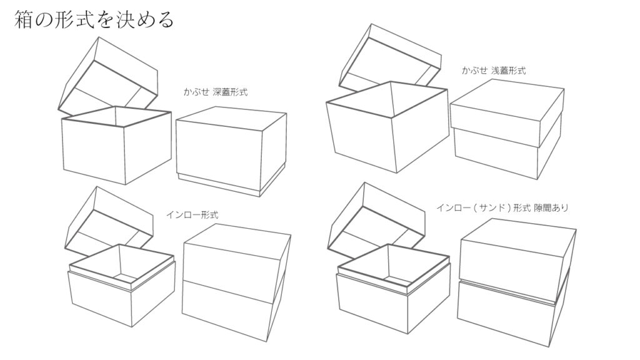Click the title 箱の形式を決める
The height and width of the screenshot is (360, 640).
click(94, 20)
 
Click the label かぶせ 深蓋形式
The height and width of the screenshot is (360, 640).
click(216, 92)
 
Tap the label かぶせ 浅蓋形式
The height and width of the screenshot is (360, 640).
click(494, 70)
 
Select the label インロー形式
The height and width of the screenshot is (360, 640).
click(192, 215)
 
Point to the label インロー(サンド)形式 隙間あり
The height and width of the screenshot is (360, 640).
click(502, 207)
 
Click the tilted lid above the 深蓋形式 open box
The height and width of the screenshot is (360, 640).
click(108, 77)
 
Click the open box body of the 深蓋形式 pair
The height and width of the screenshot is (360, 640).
click(116, 145)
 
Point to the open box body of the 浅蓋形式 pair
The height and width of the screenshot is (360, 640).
click(387, 126)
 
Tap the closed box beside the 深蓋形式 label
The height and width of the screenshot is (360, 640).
click(231, 151)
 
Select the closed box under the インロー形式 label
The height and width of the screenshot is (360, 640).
click(237, 282)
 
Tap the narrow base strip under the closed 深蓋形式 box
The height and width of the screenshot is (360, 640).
click(231, 183)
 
